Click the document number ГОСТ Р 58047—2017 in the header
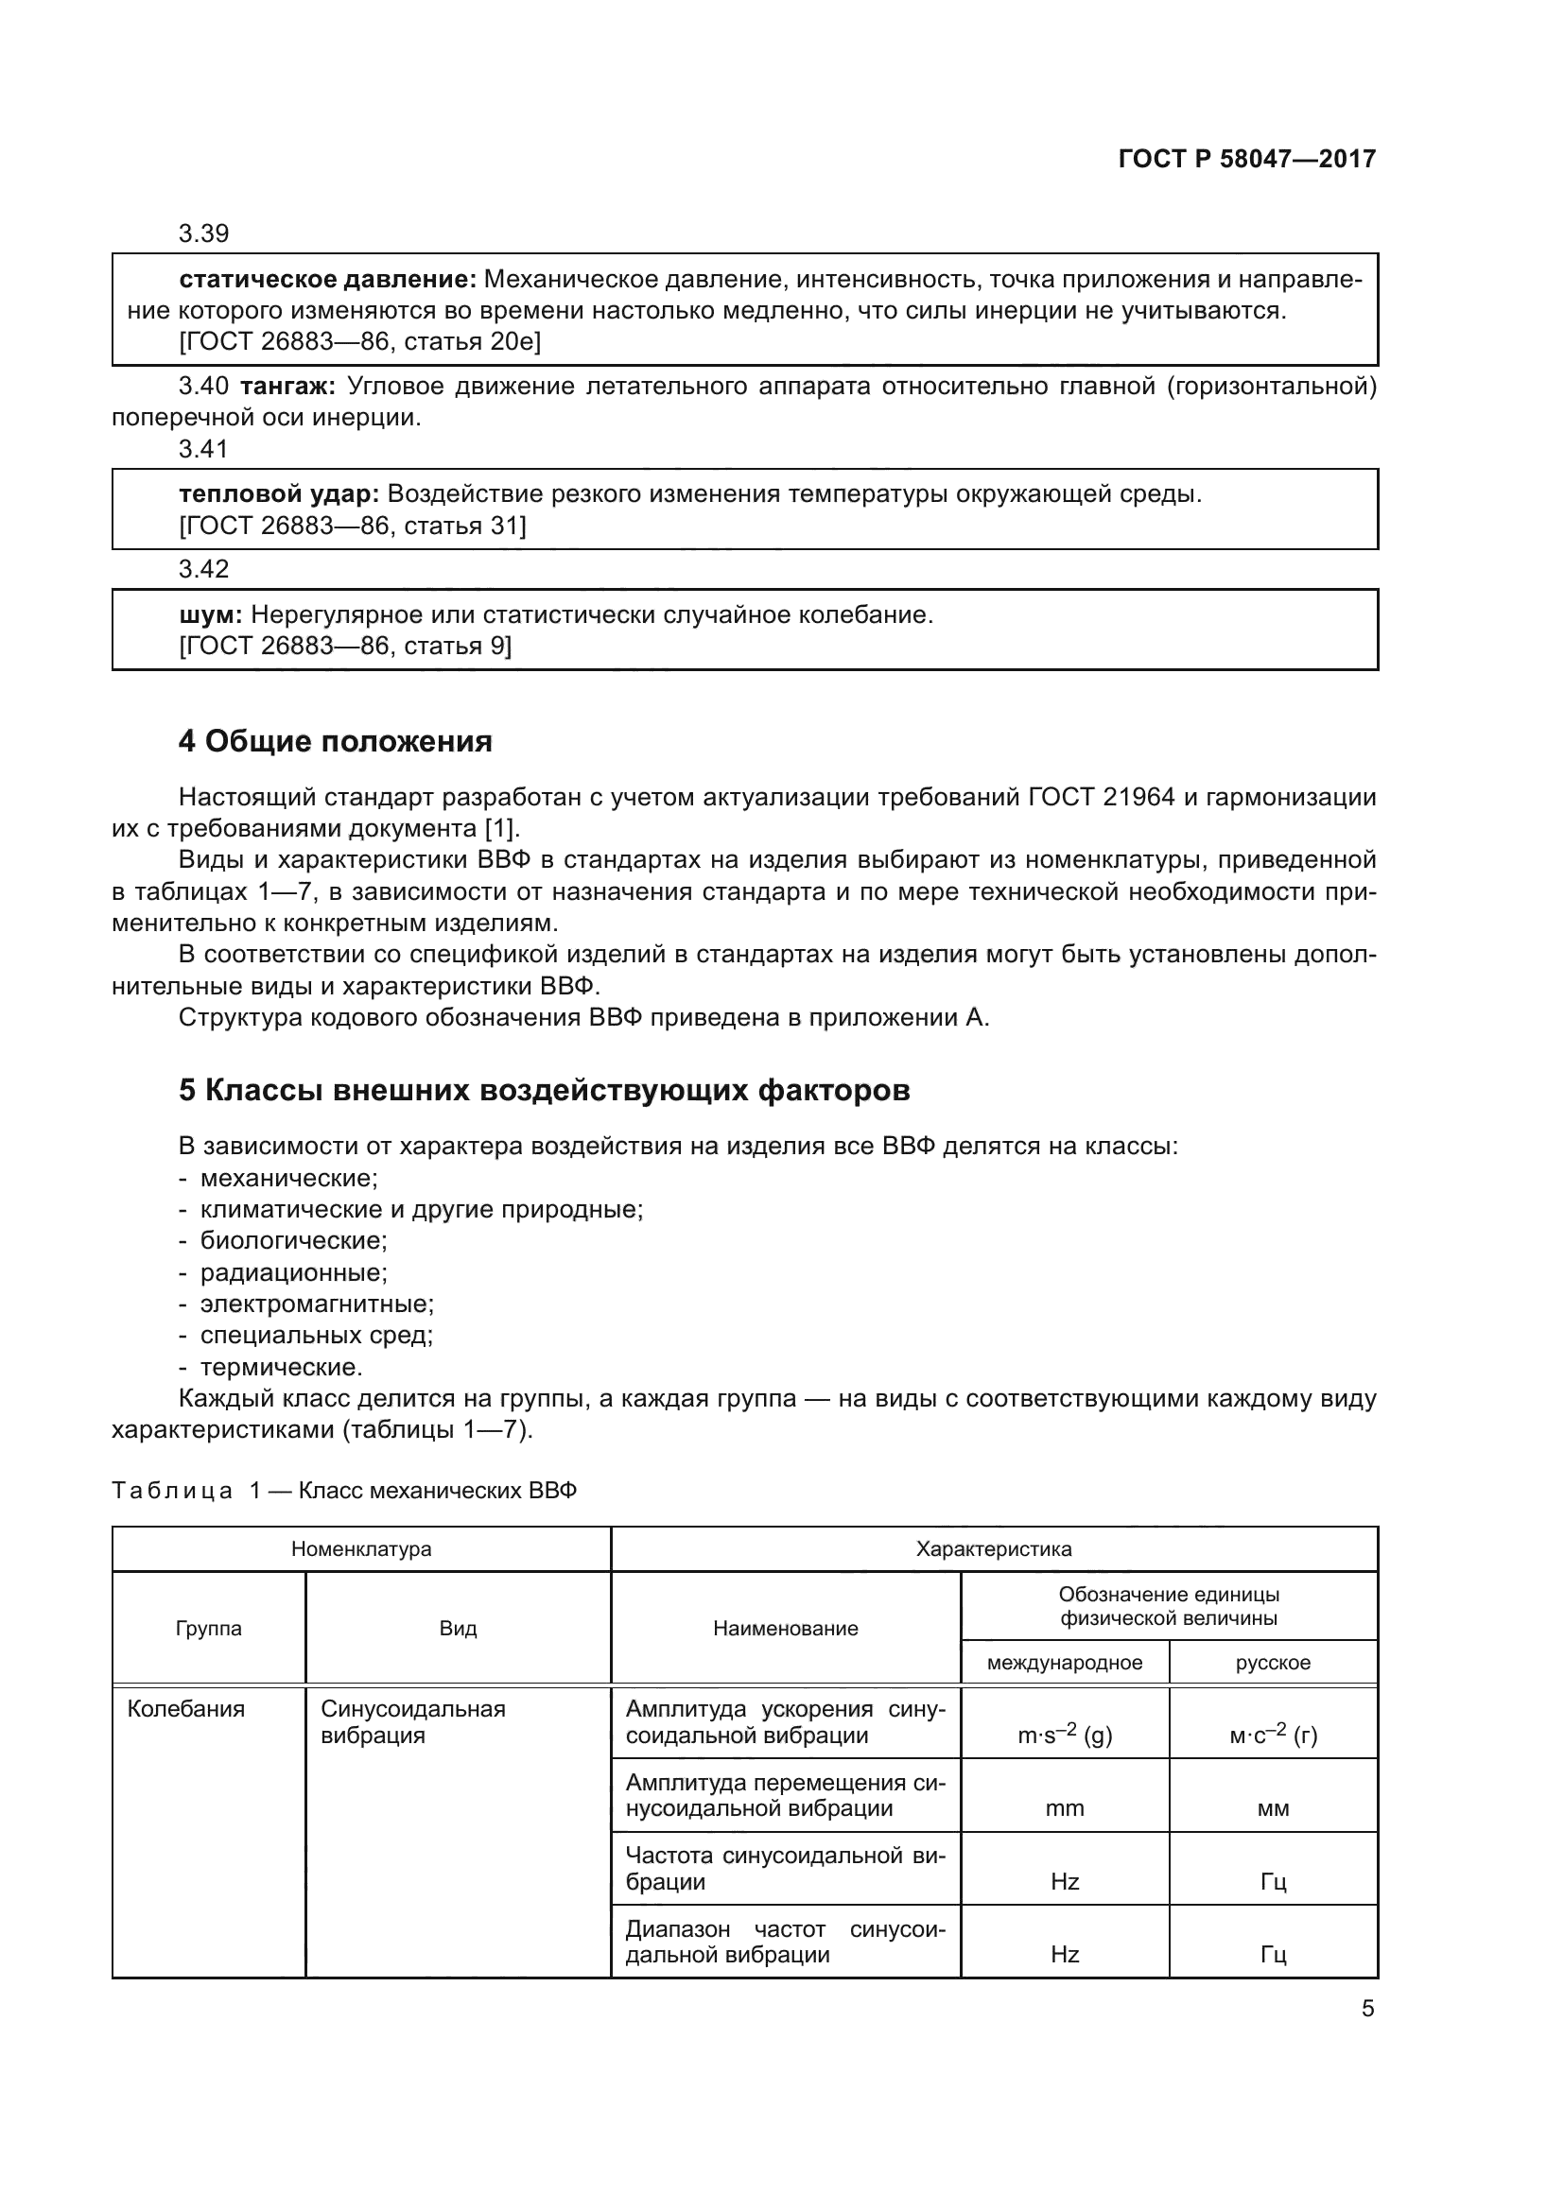coord(1247,159)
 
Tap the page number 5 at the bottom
coord(1367,2009)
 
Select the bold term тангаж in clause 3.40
coord(286,388)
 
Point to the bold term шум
coord(210,615)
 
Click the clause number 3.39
coord(203,234)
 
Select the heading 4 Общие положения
coord(335,741)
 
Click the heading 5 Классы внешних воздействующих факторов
coord(544,1090)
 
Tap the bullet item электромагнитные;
coord(317,1304)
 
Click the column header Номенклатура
coord(361,1549)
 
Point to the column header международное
coord(1064,1663)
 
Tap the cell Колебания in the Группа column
coord(186,1709)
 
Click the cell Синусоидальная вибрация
coord(412,1721)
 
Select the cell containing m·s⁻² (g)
coord(1064,1736)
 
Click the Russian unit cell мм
coord(1272,1808)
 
